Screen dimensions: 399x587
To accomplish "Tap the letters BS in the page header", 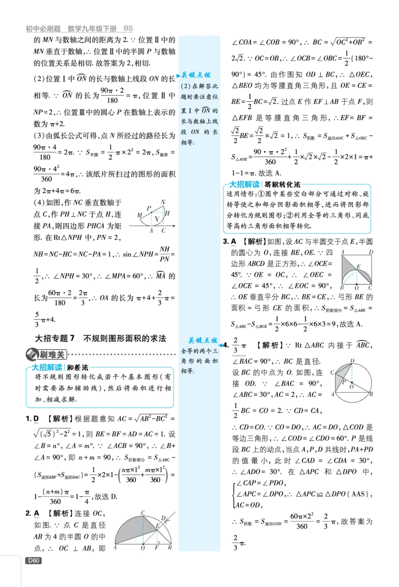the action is click(x=128, y=28).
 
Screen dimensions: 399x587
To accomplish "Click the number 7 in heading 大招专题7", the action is click(x=72, y=338).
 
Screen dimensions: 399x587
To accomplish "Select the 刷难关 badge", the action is click(x=46, y=354).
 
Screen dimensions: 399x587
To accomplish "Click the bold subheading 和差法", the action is click(x=77, y=368).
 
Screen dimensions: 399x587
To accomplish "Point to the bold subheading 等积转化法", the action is click(x=282, y=184).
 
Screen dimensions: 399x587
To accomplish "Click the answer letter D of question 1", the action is click(x=36, y=419).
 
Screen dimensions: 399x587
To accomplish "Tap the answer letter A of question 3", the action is click(x=234, y=242).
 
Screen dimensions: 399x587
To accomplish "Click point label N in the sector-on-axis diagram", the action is click(x=163, y=202).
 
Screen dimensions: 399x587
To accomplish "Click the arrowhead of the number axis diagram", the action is click(x=174, y=226).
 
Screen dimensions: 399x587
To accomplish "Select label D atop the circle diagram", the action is click(x=352, y=361).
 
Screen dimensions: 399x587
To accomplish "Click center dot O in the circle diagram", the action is click(x=352, y=383).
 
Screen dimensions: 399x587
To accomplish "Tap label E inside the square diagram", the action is click(x=358, y=266).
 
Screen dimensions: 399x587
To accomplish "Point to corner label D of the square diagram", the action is click(x=371, y=252).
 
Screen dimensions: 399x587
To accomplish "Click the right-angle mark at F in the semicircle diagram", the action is click(x=159, y=542).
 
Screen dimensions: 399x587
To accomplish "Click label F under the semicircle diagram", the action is click(x=157, y=548).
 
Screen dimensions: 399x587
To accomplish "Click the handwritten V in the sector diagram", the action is click(x=157, y=219).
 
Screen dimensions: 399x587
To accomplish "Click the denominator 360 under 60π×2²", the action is click(x=302, y=526).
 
